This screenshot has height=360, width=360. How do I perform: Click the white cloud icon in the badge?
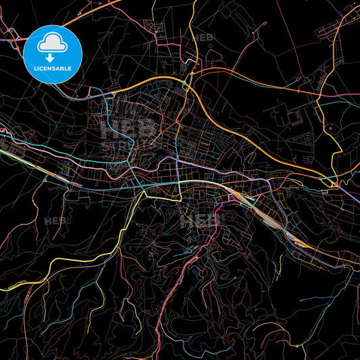click(x=53, y=44)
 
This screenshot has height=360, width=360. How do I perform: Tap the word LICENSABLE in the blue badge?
click(x=53, y=69)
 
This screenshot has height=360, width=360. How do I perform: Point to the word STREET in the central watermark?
click(x=116, y=146)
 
